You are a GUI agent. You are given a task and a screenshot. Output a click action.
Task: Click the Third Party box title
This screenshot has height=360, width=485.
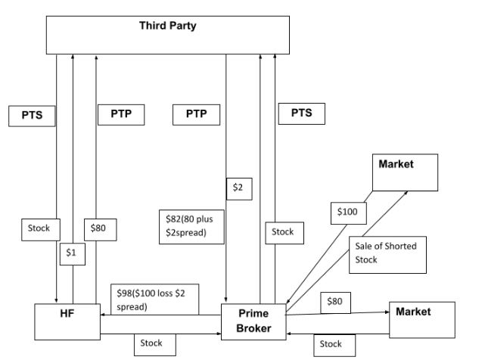click(167, 26)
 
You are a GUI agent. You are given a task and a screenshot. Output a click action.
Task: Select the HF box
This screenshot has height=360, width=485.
click(67, 322)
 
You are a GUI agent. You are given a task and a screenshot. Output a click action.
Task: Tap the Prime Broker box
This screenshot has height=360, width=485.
click(254, 321)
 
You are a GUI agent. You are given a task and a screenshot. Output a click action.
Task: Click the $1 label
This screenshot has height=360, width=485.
click(72, 255)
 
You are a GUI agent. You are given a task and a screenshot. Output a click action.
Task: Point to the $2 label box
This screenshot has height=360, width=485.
click(238, 187)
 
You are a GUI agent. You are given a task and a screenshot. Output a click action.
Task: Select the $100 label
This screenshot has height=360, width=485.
click(348, 213)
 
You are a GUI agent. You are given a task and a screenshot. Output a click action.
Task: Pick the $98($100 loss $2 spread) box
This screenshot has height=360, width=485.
click(154, 299)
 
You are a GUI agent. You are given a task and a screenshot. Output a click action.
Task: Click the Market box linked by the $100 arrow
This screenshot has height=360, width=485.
click(406, 172)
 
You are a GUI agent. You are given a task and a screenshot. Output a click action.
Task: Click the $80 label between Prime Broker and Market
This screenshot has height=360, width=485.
click(334, 301)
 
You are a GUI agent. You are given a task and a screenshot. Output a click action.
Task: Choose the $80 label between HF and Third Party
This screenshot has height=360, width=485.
click(99, 227)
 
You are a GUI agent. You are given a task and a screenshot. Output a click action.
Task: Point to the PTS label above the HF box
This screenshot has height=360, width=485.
click(32, 116)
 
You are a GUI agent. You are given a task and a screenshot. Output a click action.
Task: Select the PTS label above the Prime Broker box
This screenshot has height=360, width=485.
click(302, 113)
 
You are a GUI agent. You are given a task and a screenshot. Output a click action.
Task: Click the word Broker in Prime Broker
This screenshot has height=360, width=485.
click(254, 328)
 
